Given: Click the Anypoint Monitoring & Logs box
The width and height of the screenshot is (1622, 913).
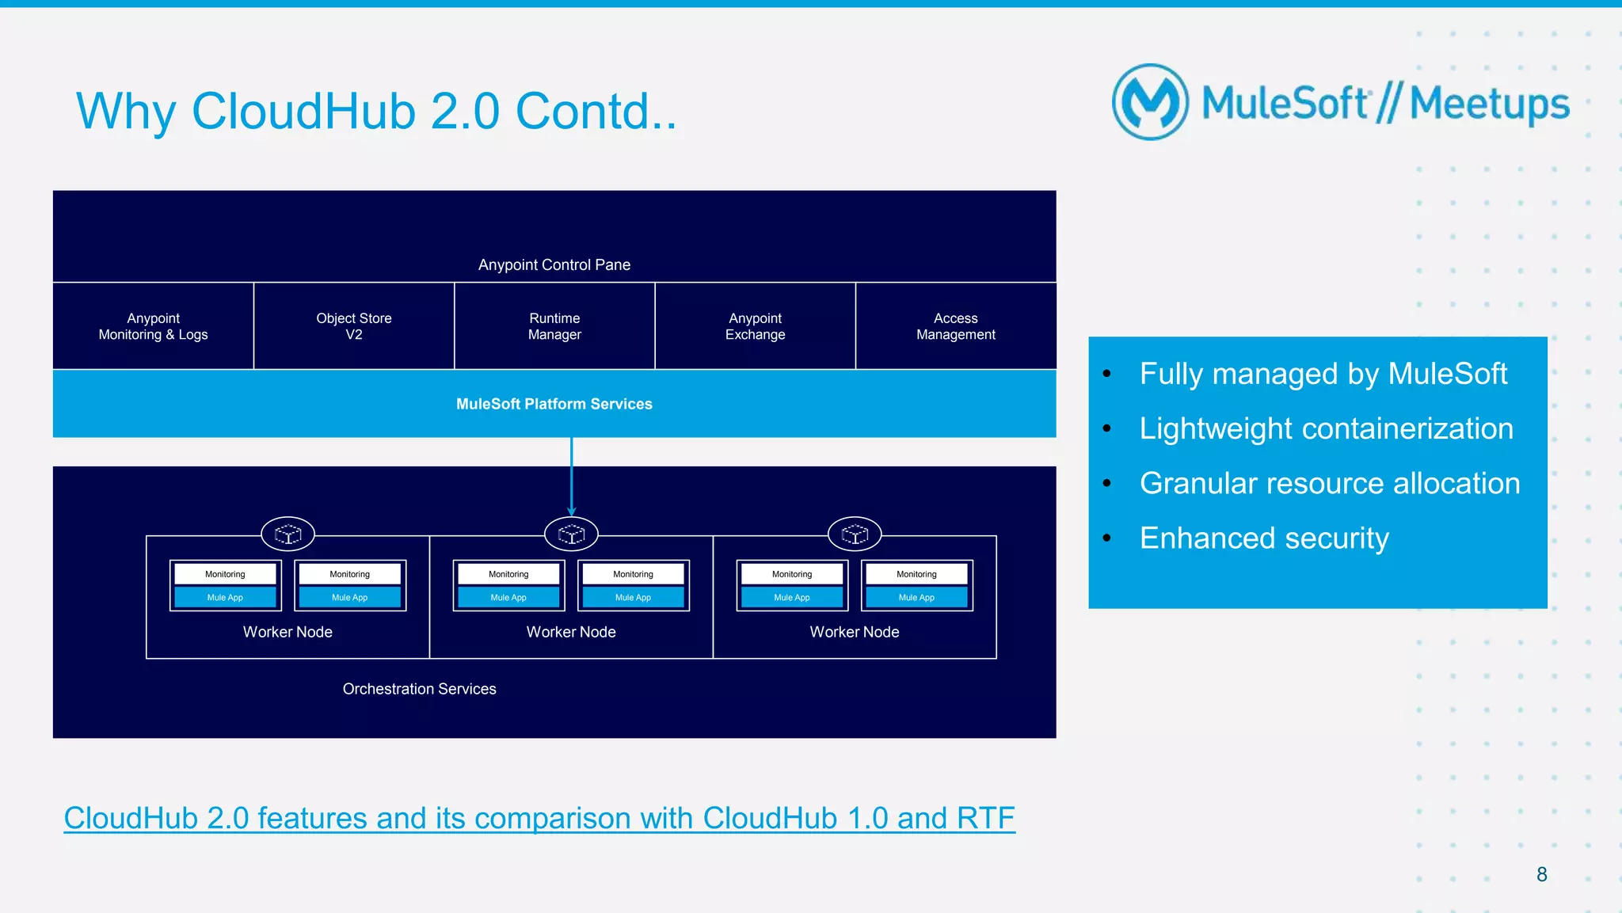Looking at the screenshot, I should (x=153, y=326).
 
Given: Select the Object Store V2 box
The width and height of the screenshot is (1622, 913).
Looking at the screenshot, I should (x=354, y=326).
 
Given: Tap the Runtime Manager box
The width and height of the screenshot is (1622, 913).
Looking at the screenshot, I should (x=554, y=326).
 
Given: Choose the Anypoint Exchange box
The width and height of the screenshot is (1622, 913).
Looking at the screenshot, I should (x=756, y=326).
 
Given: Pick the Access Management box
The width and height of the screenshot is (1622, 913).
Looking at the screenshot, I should (x=956, y=326).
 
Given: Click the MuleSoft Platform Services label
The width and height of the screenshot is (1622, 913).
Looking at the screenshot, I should (x=554, y=404).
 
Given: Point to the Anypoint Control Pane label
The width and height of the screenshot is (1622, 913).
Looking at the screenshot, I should (x=554, y=264).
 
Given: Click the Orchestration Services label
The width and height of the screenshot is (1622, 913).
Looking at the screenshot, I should (x=419, y=689).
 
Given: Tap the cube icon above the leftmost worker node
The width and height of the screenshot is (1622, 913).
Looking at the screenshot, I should (x=288, y=534).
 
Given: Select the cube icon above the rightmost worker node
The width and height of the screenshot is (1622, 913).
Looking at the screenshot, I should (x=855, y=534).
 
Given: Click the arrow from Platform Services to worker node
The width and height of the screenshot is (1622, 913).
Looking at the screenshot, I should (x=572, y=475).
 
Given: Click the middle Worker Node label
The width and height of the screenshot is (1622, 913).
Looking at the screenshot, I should (x=571, y=632).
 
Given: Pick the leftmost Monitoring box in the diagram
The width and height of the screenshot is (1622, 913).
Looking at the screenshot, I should (x=225, y=574).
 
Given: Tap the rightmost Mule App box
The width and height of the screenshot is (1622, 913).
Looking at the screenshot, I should (x=916, y=597).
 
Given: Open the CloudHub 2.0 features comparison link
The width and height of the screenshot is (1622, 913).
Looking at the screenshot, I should (x=539, y=818).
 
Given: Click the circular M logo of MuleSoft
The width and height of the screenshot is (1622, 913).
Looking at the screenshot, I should (x=1150, y=102).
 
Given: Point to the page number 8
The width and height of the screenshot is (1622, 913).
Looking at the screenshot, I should (x=1541, y=874).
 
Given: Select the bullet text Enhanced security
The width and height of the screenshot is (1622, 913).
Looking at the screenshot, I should (x=1264, y=538).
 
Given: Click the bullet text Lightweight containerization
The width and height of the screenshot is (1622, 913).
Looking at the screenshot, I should (x=1326, y=428).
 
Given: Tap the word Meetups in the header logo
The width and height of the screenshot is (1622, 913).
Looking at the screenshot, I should (x=1489, y=104).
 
